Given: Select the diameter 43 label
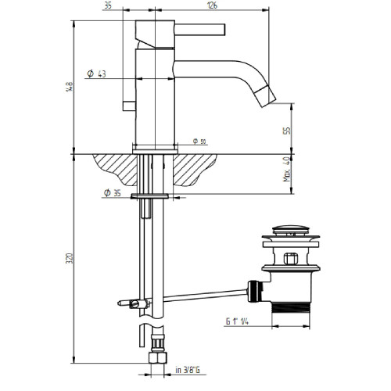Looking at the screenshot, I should click(97, 74).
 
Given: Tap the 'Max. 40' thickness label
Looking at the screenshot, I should click(287, 167).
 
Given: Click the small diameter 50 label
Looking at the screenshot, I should click(198, 142).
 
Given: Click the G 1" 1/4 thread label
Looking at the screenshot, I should click(234, 319).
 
